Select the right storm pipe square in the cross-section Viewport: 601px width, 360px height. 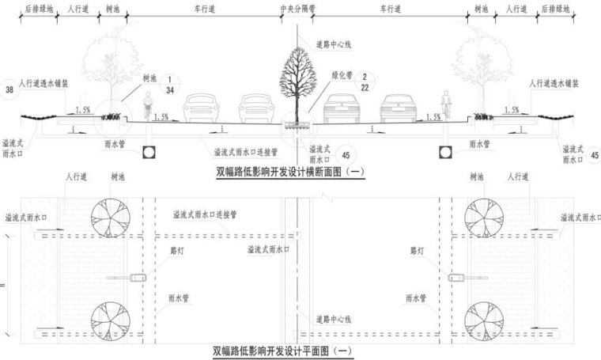coord(442,152)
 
